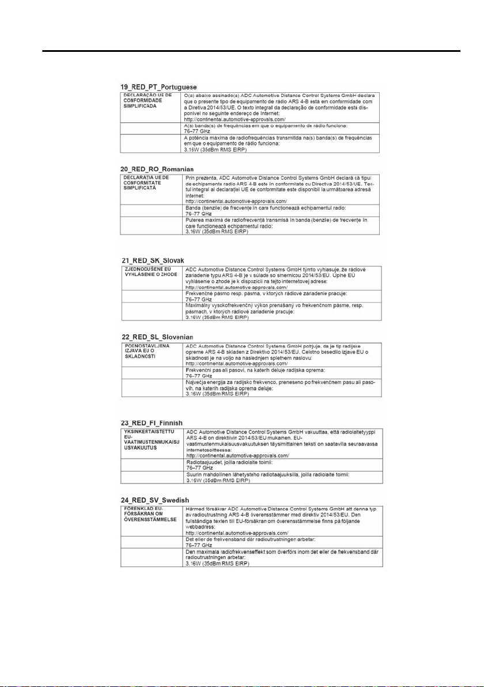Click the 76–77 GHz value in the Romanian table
198,213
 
